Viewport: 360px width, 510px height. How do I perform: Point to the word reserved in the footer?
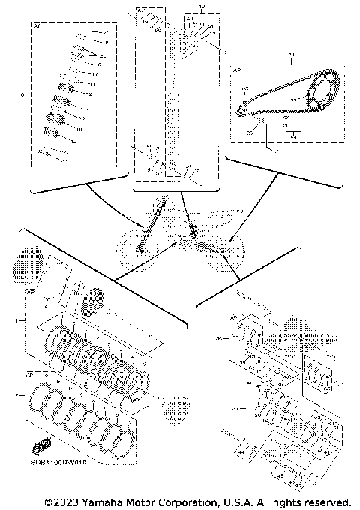(x=324, y=501)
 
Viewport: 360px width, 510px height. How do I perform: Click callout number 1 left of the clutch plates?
(x=27, y=321)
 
